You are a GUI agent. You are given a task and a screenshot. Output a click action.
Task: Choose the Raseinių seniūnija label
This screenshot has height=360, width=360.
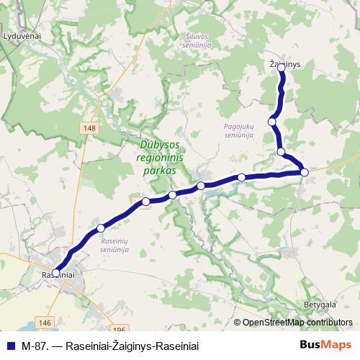[x=115, y=245]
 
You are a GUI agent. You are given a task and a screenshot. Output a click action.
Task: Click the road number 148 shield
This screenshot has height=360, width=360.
[x=89, y=128]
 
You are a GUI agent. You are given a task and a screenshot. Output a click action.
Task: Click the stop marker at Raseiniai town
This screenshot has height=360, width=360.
[x=55, y=273]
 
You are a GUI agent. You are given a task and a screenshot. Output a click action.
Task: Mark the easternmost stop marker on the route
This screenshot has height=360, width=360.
[x=305, y=171]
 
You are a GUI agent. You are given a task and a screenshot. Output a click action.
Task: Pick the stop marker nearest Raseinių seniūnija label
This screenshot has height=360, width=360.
[x=101, y=228]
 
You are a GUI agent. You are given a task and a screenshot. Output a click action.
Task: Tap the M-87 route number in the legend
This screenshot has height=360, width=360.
[x=34, y=345]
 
